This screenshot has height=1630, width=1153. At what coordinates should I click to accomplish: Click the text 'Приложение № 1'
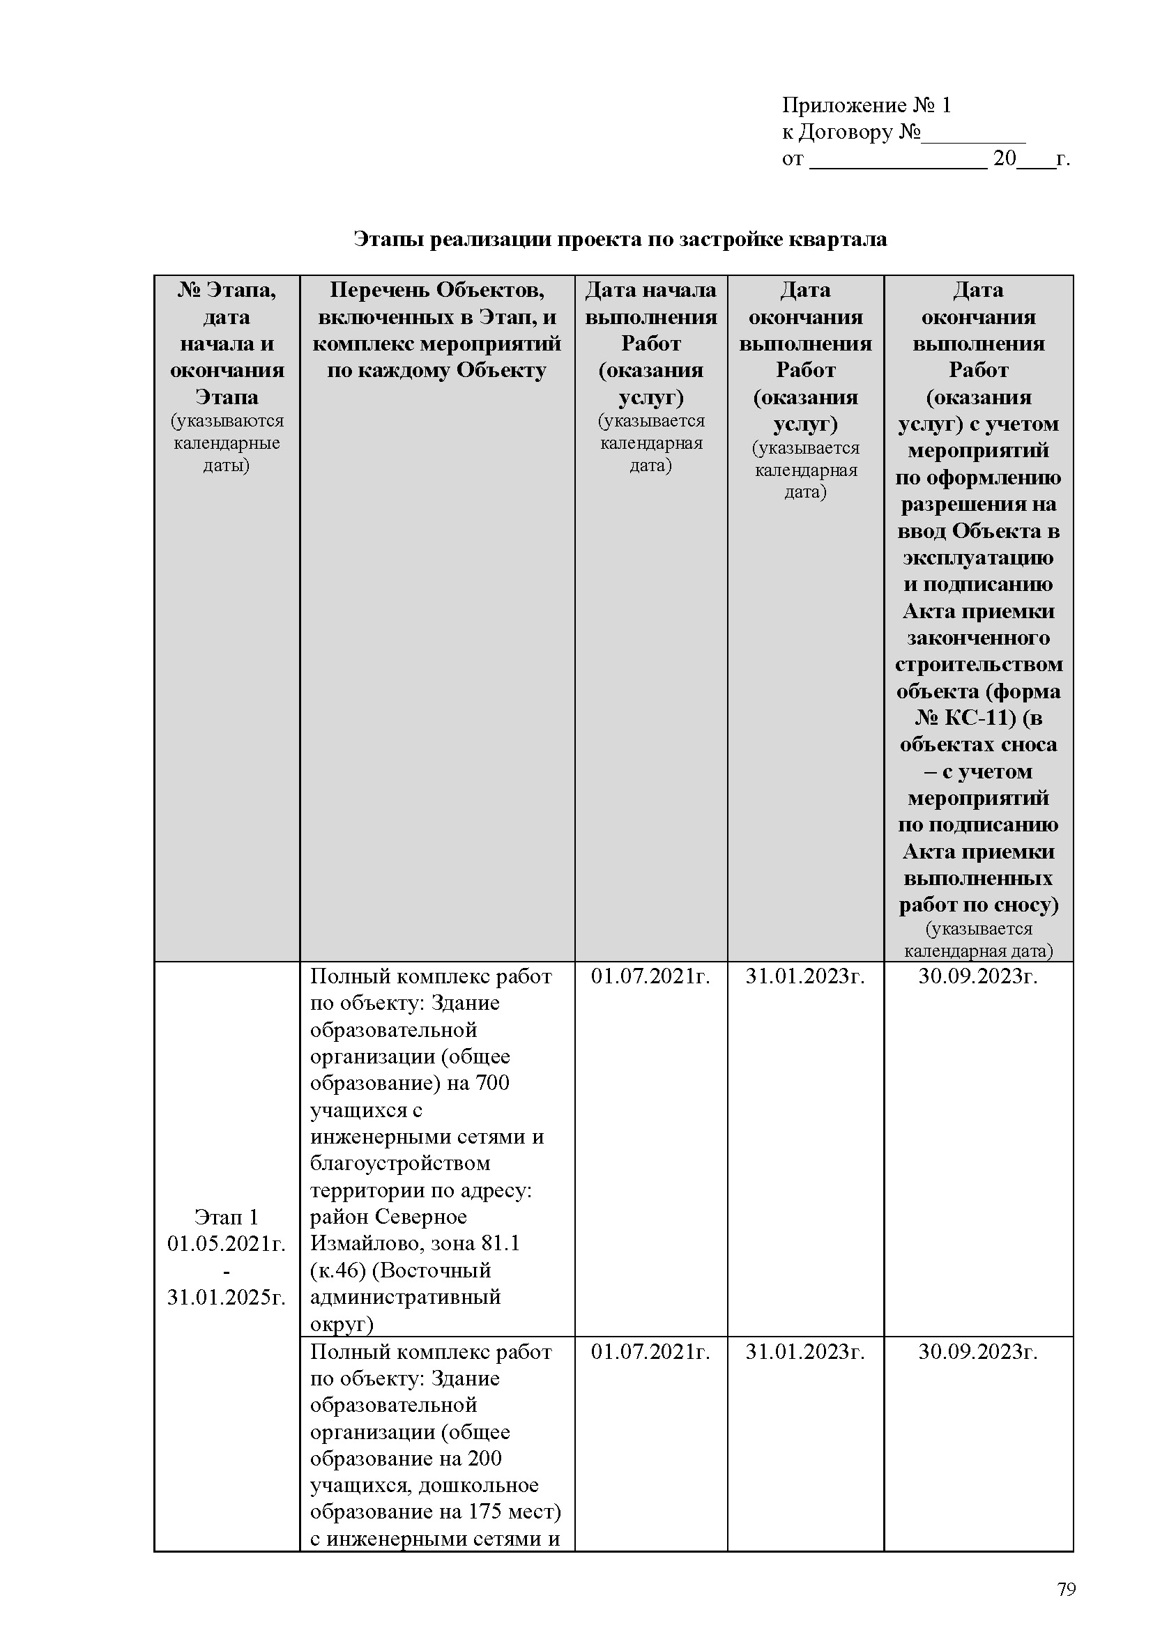[x=866, y=106]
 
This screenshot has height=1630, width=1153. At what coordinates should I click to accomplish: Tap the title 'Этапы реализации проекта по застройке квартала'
[x=620, y=239]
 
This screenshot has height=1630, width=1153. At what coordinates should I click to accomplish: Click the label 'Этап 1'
[x=227, y=1217]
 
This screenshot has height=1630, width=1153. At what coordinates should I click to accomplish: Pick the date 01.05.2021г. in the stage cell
[x=227, y=1244]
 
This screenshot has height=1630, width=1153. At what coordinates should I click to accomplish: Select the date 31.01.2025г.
[x=227, y=1297]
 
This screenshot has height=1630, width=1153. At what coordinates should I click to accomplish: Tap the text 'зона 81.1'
[x=475, y=1244]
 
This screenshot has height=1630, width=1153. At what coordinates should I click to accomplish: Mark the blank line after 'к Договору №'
[x=973, y=134]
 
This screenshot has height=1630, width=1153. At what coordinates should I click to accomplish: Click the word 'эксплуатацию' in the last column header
[x=977, y=558]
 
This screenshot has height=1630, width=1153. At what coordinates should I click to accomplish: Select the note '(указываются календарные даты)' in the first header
[x=227, y=443]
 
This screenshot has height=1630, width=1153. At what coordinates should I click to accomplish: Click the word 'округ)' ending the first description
[x=342, y=1324]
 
